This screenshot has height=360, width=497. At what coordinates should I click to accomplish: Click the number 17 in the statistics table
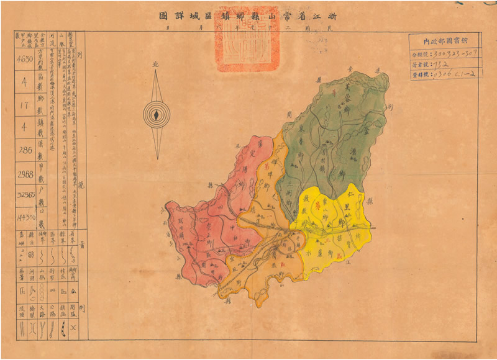(25, 106)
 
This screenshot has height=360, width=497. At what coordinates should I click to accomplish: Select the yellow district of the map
(332, 223)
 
